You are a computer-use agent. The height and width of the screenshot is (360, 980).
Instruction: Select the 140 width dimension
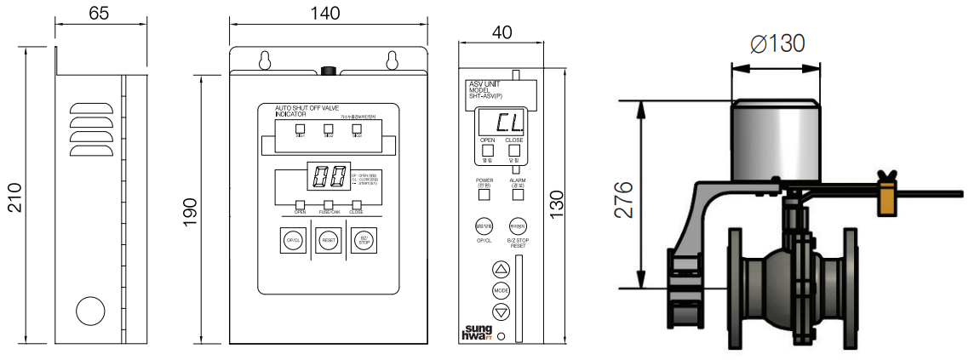(324, 13)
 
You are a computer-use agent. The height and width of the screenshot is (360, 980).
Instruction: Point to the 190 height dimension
(190, 209)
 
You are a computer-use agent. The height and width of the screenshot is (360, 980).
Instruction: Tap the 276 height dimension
(626, 199)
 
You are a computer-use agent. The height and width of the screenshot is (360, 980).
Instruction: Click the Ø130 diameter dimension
(777, 43)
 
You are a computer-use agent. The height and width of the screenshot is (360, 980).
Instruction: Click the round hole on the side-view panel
(89, 311)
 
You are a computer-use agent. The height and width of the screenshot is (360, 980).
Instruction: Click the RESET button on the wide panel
(329, 241)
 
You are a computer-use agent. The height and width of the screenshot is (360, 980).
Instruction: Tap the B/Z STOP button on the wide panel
(364, 241)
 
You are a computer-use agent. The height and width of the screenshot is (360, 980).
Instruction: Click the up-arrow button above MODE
(501, 269)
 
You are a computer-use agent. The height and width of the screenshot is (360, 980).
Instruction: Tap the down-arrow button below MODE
(501, 311)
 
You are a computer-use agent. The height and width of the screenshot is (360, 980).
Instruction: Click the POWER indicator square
(484, 194)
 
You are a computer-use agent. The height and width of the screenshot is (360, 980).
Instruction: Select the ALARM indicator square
(517, 194)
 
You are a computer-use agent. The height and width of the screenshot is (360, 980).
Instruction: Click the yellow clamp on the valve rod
(888, 197)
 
